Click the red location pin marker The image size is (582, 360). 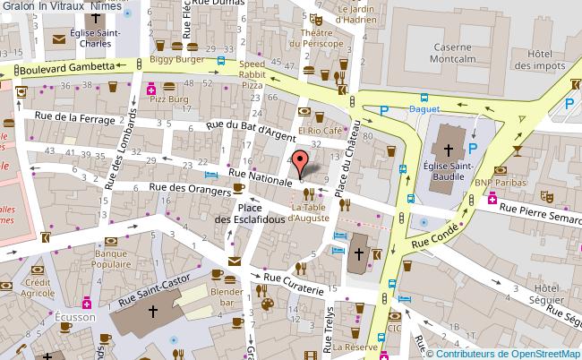point(301,163)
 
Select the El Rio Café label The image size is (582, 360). point(321,130)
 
